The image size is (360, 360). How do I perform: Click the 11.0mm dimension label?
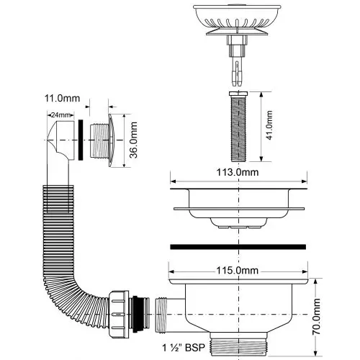click(62, 99)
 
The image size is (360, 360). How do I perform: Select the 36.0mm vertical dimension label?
click(134, 140)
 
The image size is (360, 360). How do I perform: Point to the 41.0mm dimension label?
click(269, 125)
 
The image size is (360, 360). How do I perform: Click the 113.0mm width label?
click(238, 172)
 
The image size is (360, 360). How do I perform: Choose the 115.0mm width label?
click(238, 271)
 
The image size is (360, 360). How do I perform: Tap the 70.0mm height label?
click(316, 316)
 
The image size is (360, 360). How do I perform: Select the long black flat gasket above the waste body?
click(238, 247)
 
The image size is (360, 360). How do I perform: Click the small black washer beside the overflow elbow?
click(81, 140)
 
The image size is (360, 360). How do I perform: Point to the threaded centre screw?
click(238, 127)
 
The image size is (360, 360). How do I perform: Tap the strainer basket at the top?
click(237, 19)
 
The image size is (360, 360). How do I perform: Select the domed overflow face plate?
click(112, 140)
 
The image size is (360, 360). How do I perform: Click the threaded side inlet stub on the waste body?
click(161, 315)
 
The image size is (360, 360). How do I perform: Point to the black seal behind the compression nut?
click(137, 314)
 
